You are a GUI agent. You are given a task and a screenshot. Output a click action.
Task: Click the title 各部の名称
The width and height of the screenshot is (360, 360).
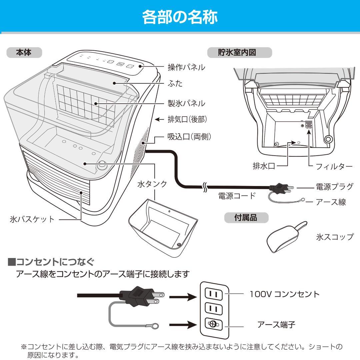coord(180,16)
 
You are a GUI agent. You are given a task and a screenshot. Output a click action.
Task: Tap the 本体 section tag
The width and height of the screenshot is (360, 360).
coord(24,52)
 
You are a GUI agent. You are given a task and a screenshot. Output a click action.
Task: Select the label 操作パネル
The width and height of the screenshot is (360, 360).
coord(186,67)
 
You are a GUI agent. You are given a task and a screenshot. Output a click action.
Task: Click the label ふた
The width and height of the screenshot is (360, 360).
coord(175,83)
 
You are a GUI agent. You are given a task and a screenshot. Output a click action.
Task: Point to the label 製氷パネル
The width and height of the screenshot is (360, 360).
coord(186,103)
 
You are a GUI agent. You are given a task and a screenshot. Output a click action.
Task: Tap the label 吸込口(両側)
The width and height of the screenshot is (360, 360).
coord(189,137)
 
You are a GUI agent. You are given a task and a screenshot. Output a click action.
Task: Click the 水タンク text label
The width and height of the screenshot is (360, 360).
coord(152,184)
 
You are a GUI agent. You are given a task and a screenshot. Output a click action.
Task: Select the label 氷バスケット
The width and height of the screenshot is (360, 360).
coord(32,219)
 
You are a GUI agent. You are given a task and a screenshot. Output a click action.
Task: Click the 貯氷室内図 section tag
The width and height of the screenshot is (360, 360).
coord(239,52)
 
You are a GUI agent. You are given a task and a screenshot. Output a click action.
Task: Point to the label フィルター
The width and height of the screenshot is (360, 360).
coord(334,167)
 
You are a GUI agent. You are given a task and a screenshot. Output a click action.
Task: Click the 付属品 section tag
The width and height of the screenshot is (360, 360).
coord(246,218)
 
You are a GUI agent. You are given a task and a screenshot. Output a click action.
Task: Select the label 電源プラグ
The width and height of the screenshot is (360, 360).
coord(334,187)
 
